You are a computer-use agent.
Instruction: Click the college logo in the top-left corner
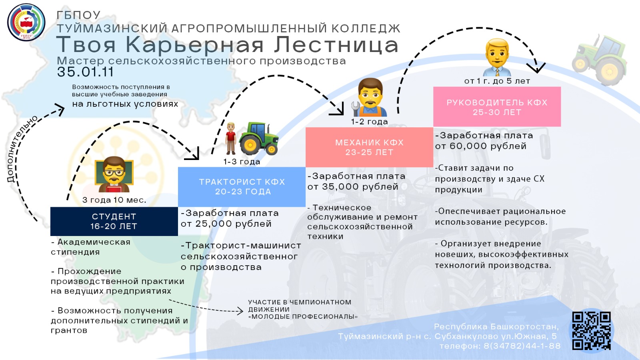point(26,22)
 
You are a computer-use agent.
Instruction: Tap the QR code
point(592,330)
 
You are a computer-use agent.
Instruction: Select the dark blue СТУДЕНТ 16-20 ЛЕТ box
point(114,222)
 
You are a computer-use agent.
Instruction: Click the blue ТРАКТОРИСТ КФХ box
point(242,187)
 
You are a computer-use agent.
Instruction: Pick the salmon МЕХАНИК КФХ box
point(370,147)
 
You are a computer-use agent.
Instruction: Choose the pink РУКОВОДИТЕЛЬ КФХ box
point(497,106)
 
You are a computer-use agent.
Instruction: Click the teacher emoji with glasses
point(114,174)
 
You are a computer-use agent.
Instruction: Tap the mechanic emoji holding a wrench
point(369,97)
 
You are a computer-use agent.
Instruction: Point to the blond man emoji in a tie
point(497,57)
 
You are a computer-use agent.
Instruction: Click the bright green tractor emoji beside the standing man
point(259,138)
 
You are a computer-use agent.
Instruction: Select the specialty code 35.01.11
point(85,72)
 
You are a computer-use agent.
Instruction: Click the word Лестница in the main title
point(336,45)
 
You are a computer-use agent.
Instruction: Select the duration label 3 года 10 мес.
point(114,200)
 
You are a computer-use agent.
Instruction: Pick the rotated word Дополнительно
point(22,149)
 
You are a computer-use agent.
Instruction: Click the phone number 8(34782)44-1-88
point(522,346)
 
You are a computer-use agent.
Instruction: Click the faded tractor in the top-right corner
point(600,60)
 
